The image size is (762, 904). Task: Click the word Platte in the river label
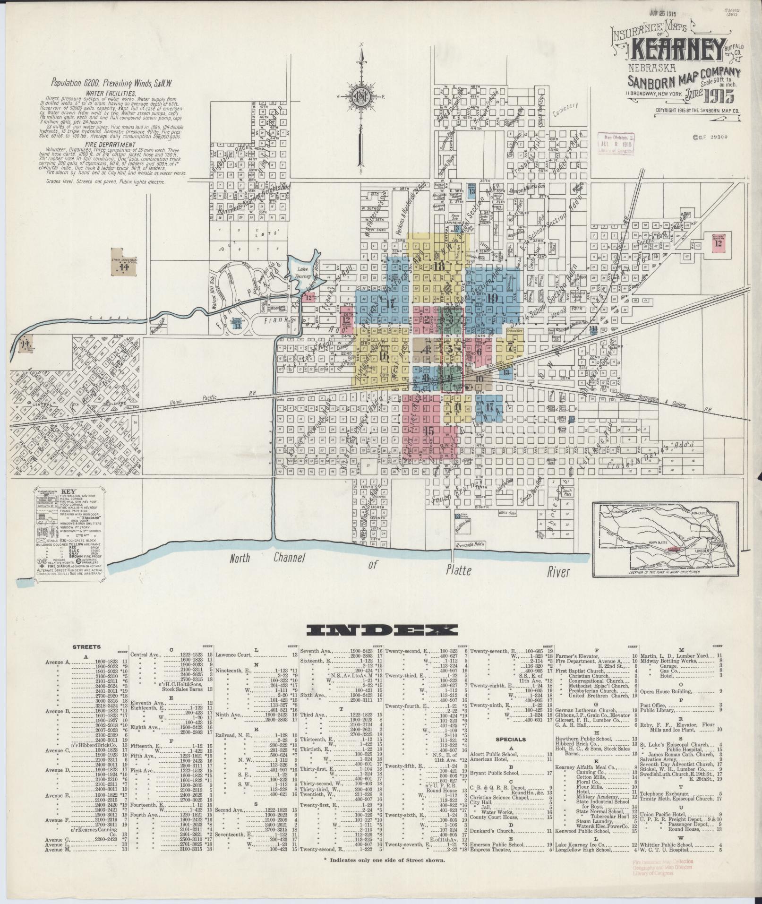pos(458,571)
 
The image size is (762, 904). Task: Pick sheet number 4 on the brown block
pos(427,350)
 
